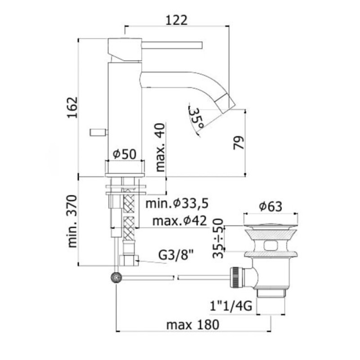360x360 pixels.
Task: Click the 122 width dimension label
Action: (x=176, y=20)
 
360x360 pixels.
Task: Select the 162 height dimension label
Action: (x=72, y=108)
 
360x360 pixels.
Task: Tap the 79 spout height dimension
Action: (x=238, y=143)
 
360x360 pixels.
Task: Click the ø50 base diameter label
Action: (x=125, y=154)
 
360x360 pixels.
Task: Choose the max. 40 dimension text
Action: (x=160, y=148)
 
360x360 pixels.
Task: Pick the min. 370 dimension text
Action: (x=72, y=221)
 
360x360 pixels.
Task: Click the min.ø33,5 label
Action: (x=177, y=203)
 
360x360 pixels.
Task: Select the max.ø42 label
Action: (x=180, y=221)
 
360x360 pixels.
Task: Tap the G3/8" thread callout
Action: (x=176, y=255)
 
